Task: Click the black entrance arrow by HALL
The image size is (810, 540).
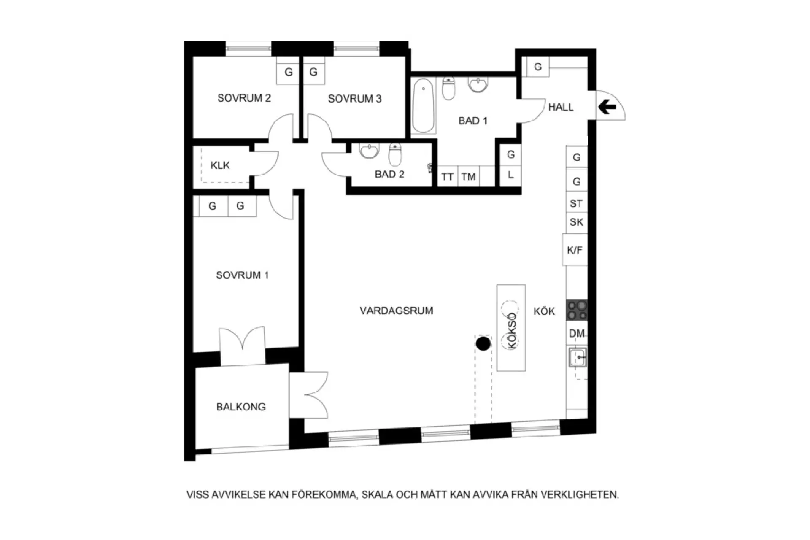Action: point(607,108)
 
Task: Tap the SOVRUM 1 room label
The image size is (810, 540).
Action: point(242,275)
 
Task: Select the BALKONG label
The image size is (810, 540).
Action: point(241,407)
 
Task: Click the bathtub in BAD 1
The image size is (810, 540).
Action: point(423,106)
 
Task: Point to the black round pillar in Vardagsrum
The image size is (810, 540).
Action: point(483,344)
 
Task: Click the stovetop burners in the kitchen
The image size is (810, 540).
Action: point(577,310)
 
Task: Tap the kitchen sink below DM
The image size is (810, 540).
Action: point(577,358)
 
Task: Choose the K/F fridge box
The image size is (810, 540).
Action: point(575,250)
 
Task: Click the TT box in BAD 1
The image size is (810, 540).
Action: point(447,176)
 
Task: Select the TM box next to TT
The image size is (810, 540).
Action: point(468,176)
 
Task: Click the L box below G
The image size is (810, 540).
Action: point(510,175)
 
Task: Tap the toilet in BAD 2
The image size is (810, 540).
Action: point(395,154)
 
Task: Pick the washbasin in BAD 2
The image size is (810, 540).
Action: point(369,151)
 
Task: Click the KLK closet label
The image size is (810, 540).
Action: point(220,165)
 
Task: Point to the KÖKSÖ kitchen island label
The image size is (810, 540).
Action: point(512,331)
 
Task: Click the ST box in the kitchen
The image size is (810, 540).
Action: point(576,203)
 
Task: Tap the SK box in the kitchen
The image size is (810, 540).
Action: point(576,222)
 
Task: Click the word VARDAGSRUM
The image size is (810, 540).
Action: point(396,311)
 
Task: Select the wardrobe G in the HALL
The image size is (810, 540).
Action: point(537,67)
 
